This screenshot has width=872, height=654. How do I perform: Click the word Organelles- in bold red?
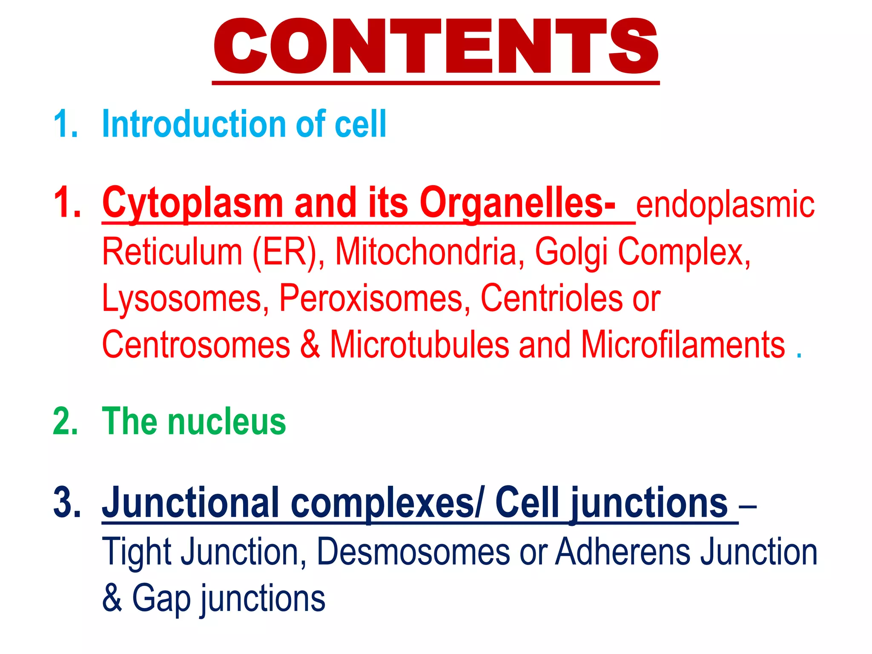click(x=517, y=204)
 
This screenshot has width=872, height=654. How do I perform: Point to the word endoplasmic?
click(x=725, y=205)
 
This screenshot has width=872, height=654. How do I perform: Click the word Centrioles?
click(x=551, y=298)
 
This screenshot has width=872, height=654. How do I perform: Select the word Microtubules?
click(x=419, y=344)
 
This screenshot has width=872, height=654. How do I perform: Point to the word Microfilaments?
click(x=683, y=344)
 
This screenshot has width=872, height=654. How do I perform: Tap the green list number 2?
click(x=66, y=422)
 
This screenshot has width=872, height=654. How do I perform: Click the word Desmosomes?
click(x=413, y=552)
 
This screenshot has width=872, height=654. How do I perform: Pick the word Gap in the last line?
click(x=161, y=598)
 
